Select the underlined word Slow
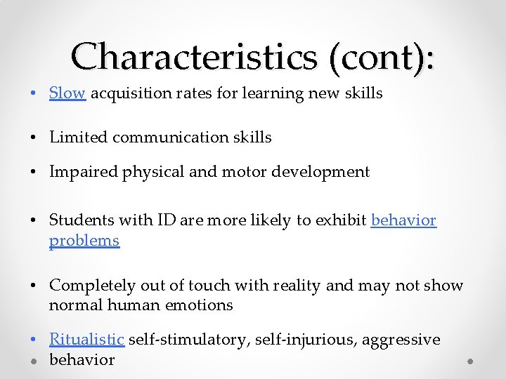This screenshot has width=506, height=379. (67, 93)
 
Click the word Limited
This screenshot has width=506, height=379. (78, 138)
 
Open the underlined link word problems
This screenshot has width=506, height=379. (84, 241)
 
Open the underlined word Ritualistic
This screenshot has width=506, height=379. (86, 340)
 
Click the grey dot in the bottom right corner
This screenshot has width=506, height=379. (471, 361)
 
